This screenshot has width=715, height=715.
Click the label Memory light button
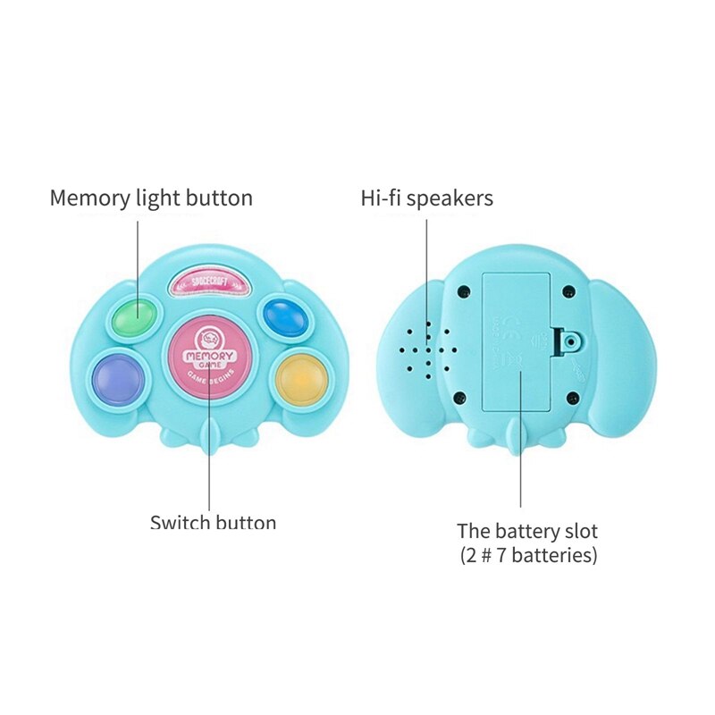click(151, 198)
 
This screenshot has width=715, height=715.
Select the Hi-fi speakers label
click(426, 198)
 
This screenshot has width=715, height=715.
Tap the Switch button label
click(213, 523)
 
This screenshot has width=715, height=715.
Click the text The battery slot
click(527, 531)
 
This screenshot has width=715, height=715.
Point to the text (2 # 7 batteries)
click(527, 555)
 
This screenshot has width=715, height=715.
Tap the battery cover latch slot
click(568, 341)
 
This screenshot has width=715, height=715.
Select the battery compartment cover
click(517, 341)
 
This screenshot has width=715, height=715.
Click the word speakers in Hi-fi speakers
click(451, 198)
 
